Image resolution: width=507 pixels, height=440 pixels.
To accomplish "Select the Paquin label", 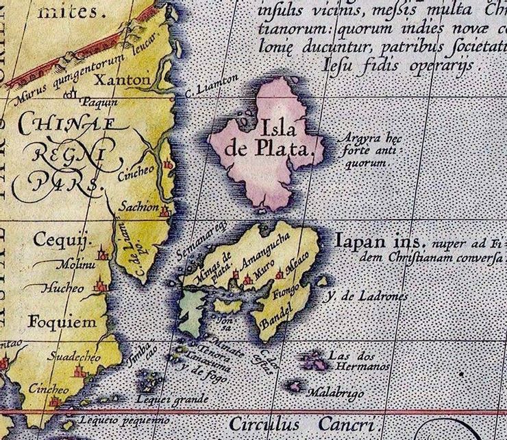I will coord(99,102).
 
